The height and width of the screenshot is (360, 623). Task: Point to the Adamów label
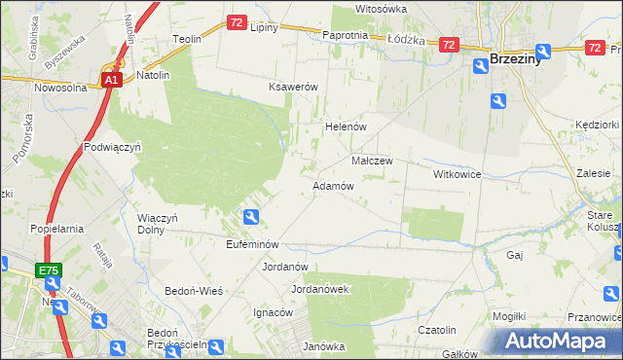tap(333, 186)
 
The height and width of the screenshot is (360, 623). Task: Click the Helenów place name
tap(344, 127)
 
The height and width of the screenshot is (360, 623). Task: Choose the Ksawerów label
tap(294, 87)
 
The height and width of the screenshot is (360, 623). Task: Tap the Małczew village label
tap(371, 162)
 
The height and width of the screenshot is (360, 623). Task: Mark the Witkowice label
tap(458, 173)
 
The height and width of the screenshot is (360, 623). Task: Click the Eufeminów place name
tap(252, 244)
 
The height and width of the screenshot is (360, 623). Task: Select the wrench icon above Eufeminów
tap(251, 218)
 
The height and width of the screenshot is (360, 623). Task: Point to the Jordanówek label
tap(320, 289)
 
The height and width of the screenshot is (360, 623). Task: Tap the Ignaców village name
tap(274, 313)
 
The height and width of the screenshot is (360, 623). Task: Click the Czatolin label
tap(437, 330)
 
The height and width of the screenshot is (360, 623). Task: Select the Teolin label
tap(187, 39)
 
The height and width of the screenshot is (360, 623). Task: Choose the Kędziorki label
tap(597, 126)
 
